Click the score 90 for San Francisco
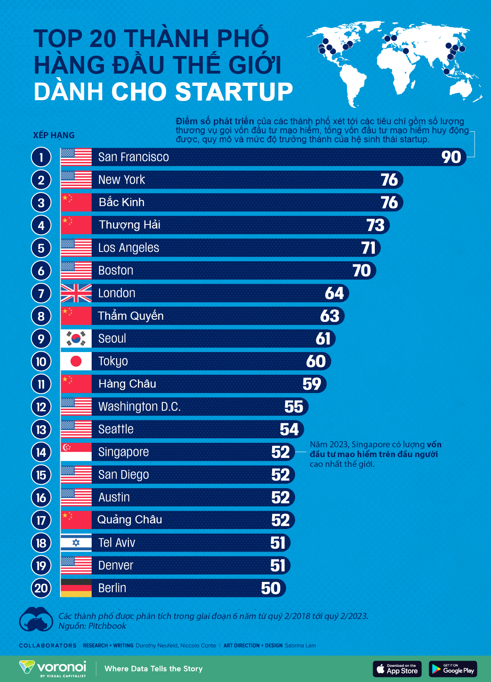tap(451, 157)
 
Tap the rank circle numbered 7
tap(41, 294)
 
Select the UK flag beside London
tap(76, 293)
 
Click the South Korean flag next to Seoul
tap(76, 339)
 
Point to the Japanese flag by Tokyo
tap(76, 361)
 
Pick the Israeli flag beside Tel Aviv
tap(76, 543)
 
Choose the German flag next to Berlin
tap(76, 588)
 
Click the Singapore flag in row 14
tap(76, 452)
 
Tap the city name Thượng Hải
tap(129, 225)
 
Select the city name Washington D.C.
tap(139, 406)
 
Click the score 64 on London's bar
tap(334, 293)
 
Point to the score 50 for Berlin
tap(271, 588)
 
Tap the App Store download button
tap(397, 669)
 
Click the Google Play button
tap(453, 669)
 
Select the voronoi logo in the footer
tap(53, 668)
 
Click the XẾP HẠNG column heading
tap(54, 135)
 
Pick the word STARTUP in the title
tap(234, 92)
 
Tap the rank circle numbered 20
tap(41, 588)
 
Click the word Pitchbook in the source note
tap(107, 626)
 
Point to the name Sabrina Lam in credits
tap(300, 646)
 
